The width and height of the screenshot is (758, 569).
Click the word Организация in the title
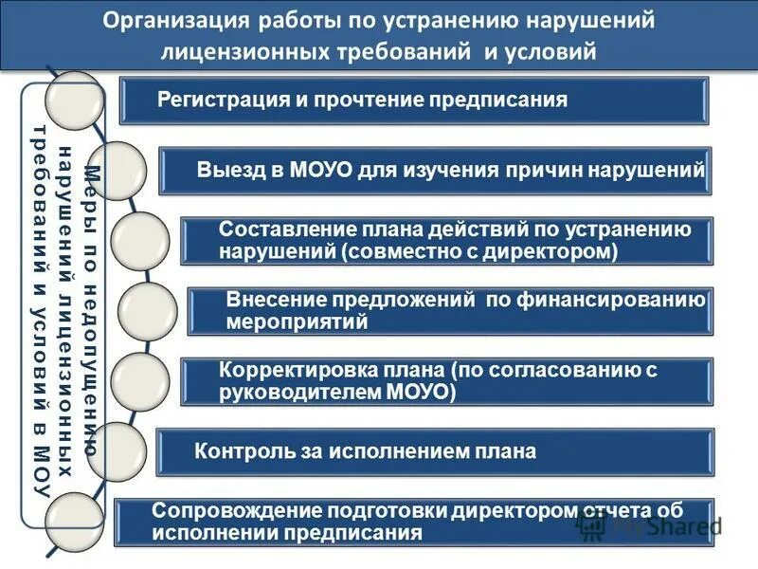169,21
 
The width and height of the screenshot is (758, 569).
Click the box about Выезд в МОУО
435,171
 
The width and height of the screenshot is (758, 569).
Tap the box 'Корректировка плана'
446,381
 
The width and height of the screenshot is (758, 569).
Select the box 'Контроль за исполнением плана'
434,451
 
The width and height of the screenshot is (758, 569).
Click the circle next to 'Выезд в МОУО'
118,171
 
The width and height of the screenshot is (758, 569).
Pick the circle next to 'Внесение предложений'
149,311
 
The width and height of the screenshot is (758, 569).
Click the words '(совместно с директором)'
480,252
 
